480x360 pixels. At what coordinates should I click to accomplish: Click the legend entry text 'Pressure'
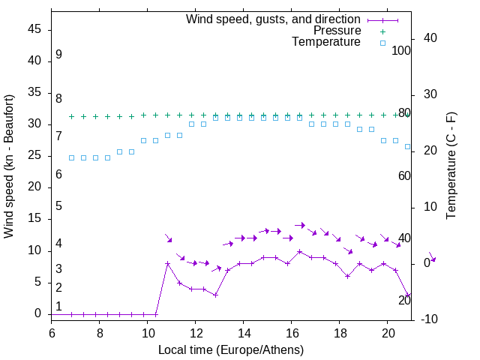pyautogui.click(x=337, y=31)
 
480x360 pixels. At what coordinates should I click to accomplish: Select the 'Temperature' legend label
pyautogui.click(x=326, y=43)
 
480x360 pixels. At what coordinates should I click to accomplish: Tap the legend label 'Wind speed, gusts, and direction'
pyautogui.click(x=273, y=19)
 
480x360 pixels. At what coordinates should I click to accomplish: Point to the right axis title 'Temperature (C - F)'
pyautogui.click(x=451, y=166)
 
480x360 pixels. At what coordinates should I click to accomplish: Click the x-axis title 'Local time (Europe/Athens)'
pyautogui.click(x=231, y=349)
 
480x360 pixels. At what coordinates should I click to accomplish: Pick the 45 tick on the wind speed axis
pyautogui.click(x=34, y=30)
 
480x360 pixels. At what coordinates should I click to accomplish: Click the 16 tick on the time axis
pyautogui.click(x=291, y=331)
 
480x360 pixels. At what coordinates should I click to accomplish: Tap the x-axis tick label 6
pyautogui.click(x=52, y=331)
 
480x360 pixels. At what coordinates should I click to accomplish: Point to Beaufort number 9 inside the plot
pyautogui.click(x=58, y=55)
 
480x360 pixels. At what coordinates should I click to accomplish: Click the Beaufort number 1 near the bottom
pyautogui.click(x=58, y=306)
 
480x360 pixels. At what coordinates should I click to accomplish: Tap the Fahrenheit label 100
pyautogui.click(x=401, y=50)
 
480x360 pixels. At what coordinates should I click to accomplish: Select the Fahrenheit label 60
pyautogui.click(x=404, y=175)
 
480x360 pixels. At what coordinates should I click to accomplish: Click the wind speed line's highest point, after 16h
pyautogui.click(x=299, y=251)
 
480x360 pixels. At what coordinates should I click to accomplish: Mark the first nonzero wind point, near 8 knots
pyautogui.click(x=167, y=263)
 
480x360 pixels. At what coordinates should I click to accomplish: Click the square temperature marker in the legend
pyautogui.click(x=382, y=43)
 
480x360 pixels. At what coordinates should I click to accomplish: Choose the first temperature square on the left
pyautogui.click(x=71, y=157)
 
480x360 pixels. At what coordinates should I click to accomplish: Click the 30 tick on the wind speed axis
pyautogui.click(x=34, y=124)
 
